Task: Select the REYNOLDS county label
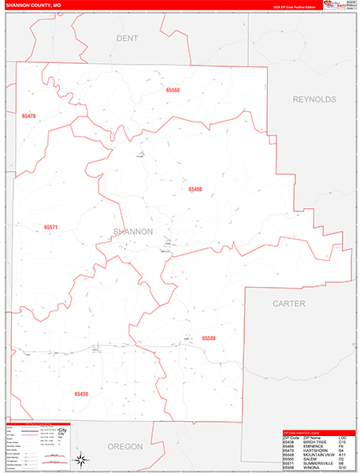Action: pos(314,99)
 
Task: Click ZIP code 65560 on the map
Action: pos(173,91)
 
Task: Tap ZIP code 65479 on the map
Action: pos(29,116)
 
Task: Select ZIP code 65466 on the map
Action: pos(195,189)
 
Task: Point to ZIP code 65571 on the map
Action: pos(50,227)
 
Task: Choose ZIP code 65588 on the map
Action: pos(209,337)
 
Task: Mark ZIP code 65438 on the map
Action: pos(81,393)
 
